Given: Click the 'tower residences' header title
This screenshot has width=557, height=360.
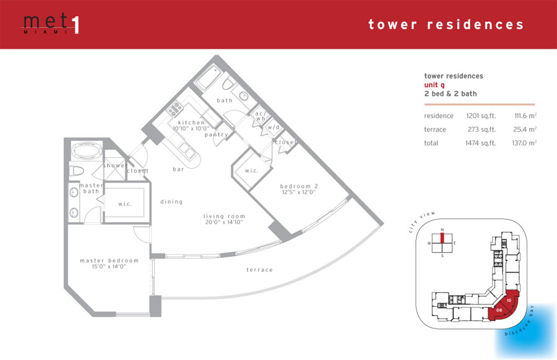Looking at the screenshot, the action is tap(446, 25).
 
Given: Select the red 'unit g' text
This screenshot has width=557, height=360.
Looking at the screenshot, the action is tap(434, 85).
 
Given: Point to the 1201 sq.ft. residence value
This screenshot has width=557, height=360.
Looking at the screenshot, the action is tap(481, 116).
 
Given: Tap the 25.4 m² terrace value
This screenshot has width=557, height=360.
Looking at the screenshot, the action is tap(525, 129).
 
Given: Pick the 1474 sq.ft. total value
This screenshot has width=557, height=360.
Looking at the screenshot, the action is tap(480, 143).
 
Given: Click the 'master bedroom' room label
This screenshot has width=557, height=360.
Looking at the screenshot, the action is tap(109, 260).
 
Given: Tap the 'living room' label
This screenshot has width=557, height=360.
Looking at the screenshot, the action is tap(224, 216).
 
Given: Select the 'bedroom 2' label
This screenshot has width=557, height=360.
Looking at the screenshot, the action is tap(299, 186).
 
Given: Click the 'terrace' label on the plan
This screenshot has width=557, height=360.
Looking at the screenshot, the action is tap(260, 270).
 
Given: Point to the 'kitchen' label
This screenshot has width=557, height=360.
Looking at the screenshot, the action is tap(191, 122).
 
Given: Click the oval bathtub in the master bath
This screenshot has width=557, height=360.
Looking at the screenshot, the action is tap(87, 150).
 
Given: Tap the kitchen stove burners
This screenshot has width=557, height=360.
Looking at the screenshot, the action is tap(175, 109).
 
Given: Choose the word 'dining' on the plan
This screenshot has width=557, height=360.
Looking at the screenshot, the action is tap(171, 202).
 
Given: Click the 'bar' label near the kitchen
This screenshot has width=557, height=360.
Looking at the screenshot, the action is tap(178, 169).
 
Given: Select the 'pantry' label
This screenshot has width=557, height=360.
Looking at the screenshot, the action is tap(217, 135).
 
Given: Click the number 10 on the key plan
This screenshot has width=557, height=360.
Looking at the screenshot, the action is tap(509, 301).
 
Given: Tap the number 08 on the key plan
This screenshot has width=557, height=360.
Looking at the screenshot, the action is tap(499, 310).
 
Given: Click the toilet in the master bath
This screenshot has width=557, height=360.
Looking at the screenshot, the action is tap(77, 171).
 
